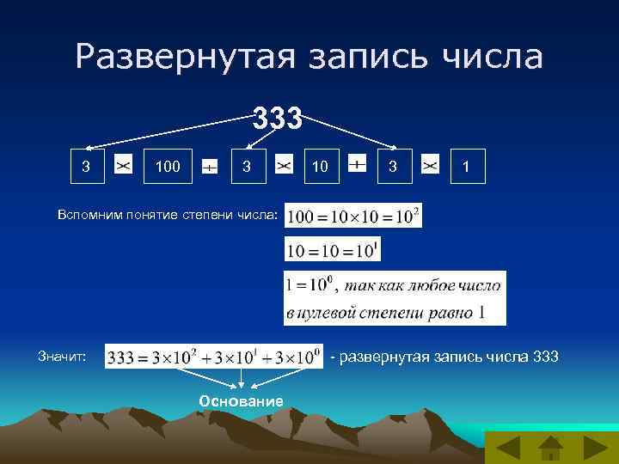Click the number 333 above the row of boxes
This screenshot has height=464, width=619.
pos(277,119)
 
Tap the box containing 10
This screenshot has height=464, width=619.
pos(320,165)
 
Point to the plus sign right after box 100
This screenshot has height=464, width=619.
pos(209,166)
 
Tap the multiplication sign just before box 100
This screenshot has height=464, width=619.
pos(123,164)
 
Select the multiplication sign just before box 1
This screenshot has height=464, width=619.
pos(431,164)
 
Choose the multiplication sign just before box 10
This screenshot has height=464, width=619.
pos(284,164)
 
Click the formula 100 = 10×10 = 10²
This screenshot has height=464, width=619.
pos(353,217)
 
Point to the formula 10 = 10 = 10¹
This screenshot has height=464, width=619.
pos(332,250)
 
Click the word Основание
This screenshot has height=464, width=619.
pos(241,401)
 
